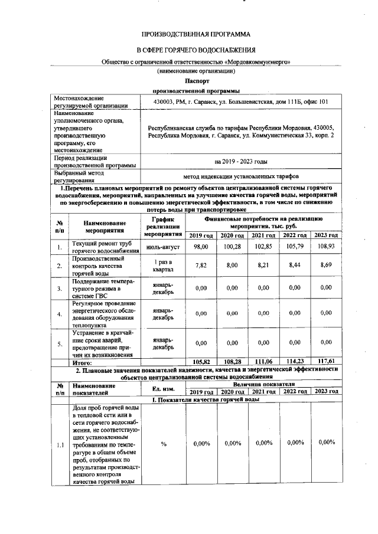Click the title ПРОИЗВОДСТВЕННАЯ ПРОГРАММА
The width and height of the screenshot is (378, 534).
coord(195,35)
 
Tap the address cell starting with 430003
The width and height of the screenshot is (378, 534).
coord(241,101)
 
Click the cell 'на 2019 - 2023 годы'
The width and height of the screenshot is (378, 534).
coord(241,161)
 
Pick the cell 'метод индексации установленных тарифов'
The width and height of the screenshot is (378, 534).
coord(241,176)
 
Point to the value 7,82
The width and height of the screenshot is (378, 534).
coord(203,266)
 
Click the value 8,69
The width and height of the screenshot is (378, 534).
coord(325,266)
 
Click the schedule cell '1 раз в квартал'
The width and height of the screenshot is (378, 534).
coord(162,266)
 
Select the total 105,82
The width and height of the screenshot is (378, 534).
coord(203,361)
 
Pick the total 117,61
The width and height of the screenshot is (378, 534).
coord(325,361)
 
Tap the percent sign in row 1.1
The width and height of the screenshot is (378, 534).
coord(162,444)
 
